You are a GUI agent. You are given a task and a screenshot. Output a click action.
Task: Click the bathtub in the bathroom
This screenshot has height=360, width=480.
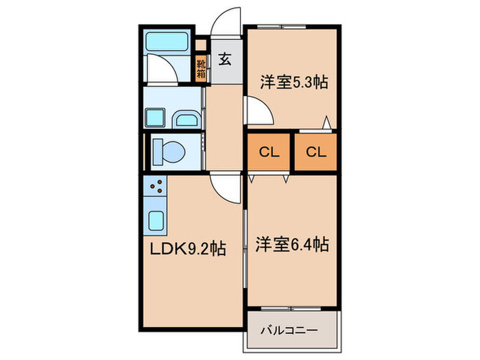coord(167,40)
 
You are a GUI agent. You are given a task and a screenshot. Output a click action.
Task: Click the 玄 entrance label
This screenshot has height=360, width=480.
coord(225,58)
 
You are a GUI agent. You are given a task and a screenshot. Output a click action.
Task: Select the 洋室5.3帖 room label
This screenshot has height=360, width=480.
coord(293,82)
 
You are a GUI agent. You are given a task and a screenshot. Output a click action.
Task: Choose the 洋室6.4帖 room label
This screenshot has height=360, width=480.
coord(293,244)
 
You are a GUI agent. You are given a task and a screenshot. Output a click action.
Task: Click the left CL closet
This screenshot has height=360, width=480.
coord(268,152)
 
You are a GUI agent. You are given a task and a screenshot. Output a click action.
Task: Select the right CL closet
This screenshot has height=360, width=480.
coord(315,152)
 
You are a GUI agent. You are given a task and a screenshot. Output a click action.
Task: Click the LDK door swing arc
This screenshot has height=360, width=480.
coord(224,189)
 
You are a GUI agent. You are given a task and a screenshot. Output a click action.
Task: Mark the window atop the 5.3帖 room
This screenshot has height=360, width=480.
coord(283,26)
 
